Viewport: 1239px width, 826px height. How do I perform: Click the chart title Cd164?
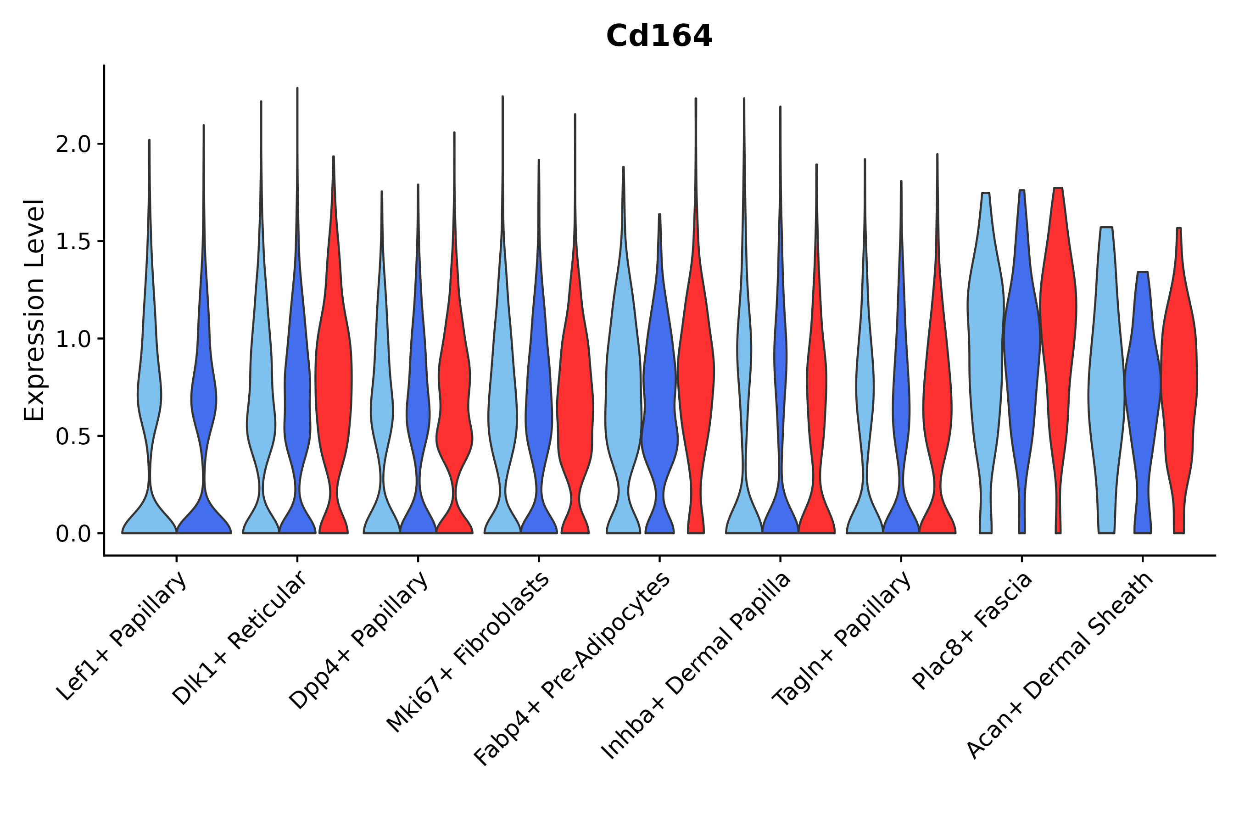coord(659,36)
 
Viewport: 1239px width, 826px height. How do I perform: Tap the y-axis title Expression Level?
coord(34,310)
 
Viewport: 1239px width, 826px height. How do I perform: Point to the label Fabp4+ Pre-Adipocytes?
coord(573,669)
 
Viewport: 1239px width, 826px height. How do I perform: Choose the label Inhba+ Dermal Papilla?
coord(697,666)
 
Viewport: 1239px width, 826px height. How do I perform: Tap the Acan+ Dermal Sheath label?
coord(1060,666)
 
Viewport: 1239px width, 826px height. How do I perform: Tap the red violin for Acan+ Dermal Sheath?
coord(1179,380)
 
